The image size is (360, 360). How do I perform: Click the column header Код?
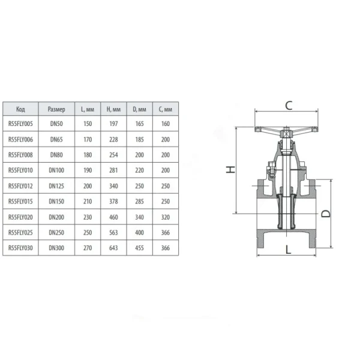click(20, 109)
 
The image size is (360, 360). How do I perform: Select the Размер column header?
click(56, 109)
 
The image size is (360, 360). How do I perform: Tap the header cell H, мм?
click(113, 109)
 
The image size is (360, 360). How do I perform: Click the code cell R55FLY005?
click(20, 124)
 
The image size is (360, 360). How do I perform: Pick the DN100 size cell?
click(56, 170)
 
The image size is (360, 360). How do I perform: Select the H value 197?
click(113, 124)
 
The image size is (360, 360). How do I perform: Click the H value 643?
click(113, 248)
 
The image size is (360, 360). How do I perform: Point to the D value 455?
click(139, 248)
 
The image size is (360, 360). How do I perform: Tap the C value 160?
click(166, 124)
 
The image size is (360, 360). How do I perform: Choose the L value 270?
click(88, 248)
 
